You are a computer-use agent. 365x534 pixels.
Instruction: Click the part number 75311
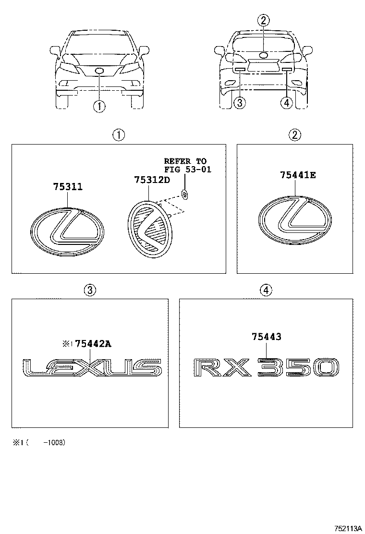click(67, 187)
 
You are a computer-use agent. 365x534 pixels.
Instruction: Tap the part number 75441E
click(298, 175)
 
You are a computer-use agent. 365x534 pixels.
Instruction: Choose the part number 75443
click(266, 337)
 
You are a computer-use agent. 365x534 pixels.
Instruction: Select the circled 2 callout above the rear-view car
click(263, 20)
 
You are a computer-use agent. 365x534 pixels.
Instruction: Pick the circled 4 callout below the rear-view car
click(287, 102)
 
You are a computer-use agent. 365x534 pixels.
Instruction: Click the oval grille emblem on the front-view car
click(99, 71)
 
